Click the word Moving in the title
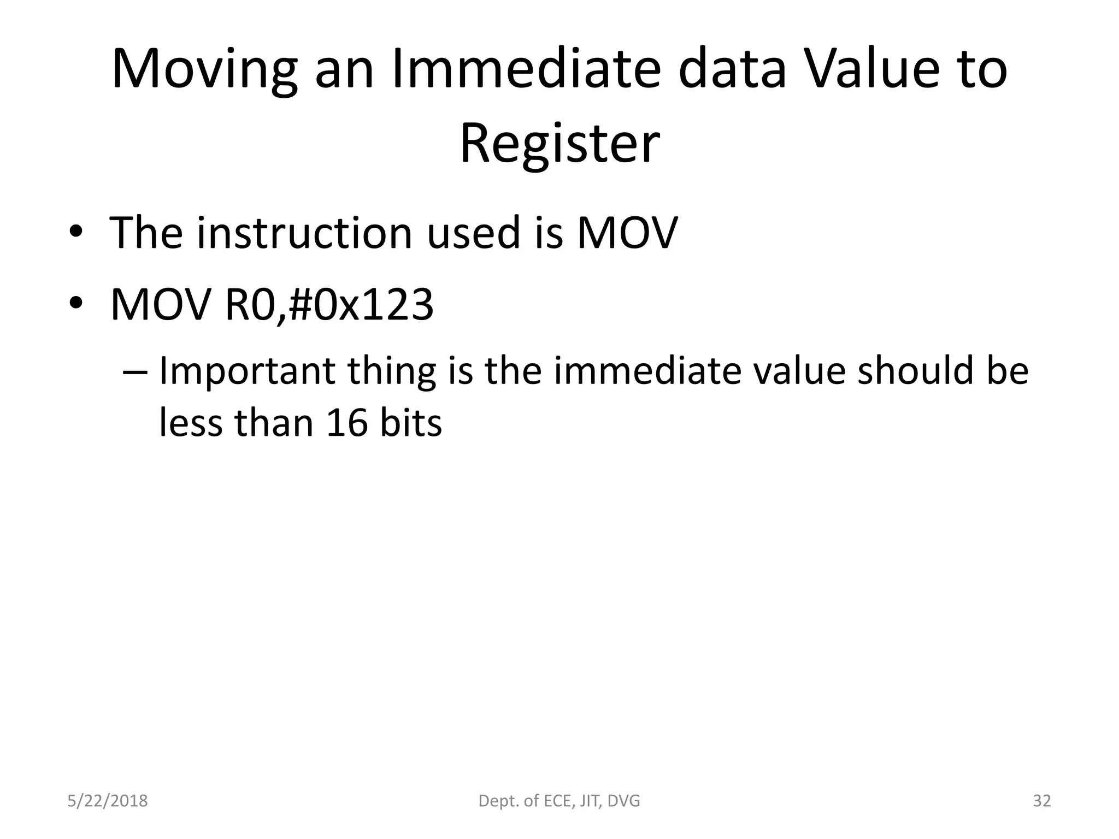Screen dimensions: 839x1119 pyautogui.click(x=204, y=70)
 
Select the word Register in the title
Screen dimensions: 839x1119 pyautogui.click(x=559, y=143)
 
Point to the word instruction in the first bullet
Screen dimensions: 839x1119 pyautogui.click(x=304, y=233)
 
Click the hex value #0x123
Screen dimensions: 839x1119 pyautogui.click(x=360, y=304)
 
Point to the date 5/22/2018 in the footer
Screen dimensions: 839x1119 pyautogui.click(x=108, y=801)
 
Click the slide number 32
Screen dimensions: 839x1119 pyautogui.click(x=1042, y=801)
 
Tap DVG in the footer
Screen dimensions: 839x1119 pyautogui.click(x=623, y=801)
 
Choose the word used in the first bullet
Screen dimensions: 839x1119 pyautogui.click(x=473, y=233)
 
